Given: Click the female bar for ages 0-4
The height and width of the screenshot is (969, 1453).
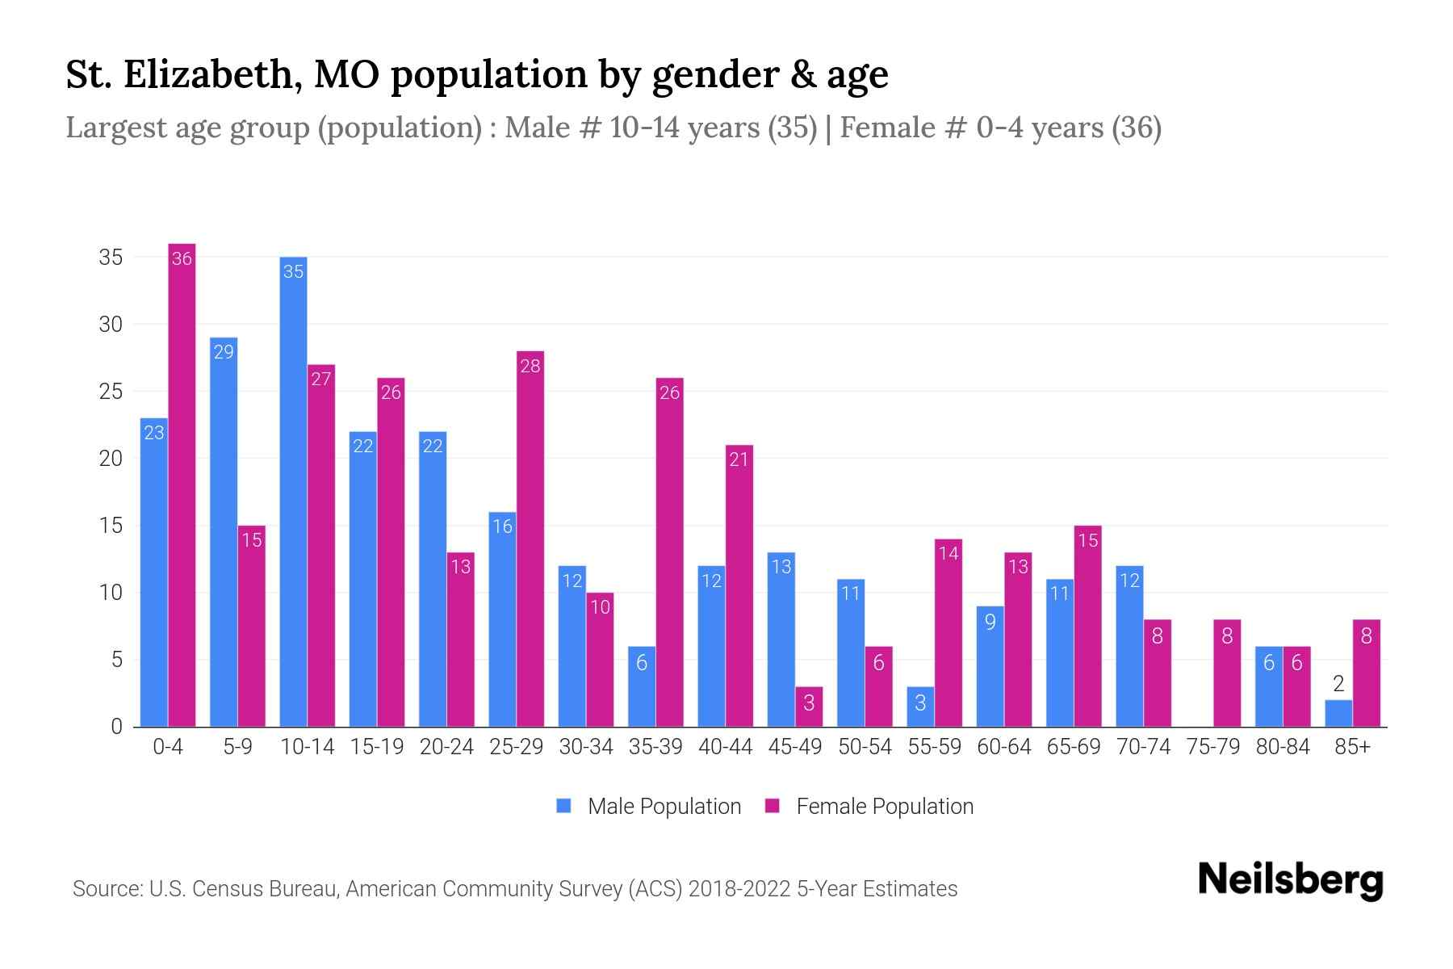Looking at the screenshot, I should pos(182,484).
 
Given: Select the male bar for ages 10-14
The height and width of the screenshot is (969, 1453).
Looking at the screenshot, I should pos(293,493).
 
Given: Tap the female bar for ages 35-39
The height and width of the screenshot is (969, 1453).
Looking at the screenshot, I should pos(669,553).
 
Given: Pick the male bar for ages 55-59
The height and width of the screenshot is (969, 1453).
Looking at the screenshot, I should pos(920,707).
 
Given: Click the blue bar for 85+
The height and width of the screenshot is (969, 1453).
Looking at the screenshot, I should pos(1338,714).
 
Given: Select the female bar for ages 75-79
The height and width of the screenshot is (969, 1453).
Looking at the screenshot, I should pos(1227,673).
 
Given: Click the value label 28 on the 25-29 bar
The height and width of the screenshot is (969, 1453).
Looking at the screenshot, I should pos(530,366).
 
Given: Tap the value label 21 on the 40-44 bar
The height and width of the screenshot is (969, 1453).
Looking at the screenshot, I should pos(739,459).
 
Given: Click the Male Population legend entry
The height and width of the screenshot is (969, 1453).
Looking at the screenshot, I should pos(649,807).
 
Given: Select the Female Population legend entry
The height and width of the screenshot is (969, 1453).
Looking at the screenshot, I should pos(870,807).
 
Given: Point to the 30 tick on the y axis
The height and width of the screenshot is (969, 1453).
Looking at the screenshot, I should pos(111,325).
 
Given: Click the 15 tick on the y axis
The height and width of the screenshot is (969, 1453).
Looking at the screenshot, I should pos(111,526).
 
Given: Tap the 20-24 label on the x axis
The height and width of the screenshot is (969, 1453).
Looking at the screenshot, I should pos(446,747).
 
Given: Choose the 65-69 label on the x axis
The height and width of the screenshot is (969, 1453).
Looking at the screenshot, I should pos(1074,747).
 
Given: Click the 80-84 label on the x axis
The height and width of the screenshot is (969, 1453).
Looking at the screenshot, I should pos(1283,747).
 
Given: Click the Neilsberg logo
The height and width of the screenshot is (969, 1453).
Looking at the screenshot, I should pos(1290,880).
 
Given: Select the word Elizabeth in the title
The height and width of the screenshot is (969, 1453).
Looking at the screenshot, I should pos(213,74).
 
